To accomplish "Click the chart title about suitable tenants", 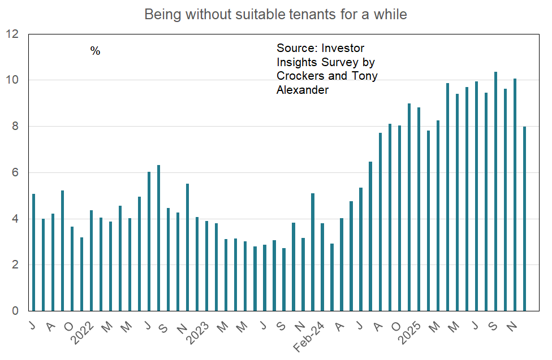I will [275, 14].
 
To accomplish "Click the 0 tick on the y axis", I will [15, 311].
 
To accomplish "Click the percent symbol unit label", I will [95, 51].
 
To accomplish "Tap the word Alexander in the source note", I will [302, 90].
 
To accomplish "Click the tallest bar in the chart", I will [495, 192].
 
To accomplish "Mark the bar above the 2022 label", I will [92, 261].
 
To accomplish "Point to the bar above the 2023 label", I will [207, 266].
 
